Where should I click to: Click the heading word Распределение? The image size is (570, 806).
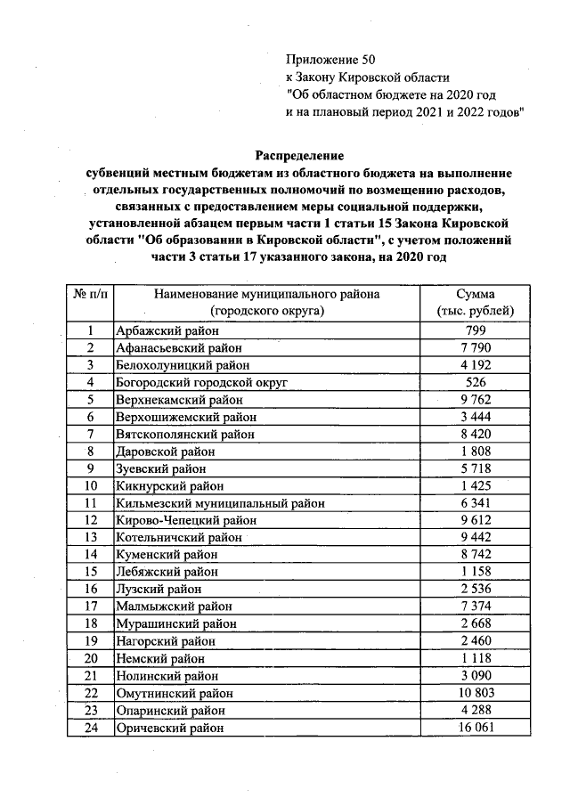coord(299,155)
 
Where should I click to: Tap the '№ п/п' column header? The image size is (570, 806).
coord(90,295)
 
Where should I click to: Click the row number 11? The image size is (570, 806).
coord(90,503)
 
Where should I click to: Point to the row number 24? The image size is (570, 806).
coord(90,728)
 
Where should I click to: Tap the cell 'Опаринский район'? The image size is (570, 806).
coord(169,711)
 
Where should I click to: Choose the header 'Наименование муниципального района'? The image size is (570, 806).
coord(267,295)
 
